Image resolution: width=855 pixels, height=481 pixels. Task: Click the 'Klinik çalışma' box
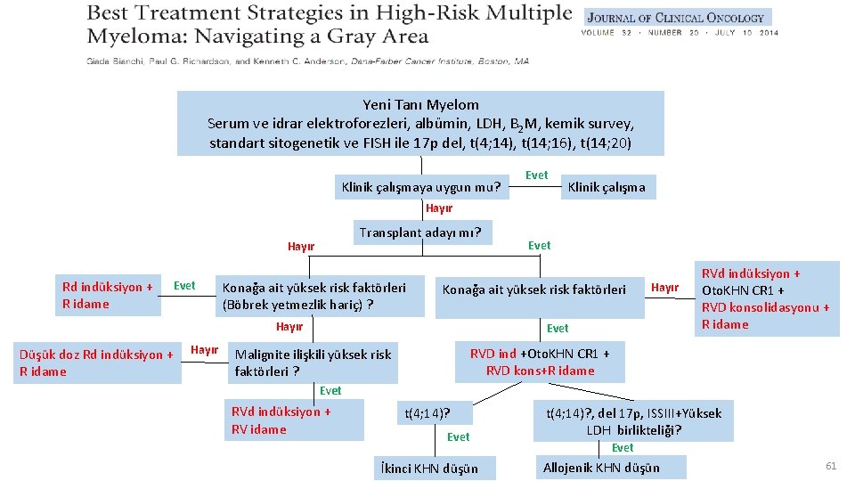point(607,187)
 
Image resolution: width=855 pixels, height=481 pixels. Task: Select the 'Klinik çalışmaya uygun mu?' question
point(421,187)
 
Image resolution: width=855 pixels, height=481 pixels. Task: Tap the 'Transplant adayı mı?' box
point(420,233)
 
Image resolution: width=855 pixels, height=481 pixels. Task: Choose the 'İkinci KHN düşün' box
point(428,469)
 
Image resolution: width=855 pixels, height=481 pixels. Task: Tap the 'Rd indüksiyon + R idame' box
point(108,295)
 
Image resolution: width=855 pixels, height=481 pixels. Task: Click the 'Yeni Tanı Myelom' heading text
point(420,105)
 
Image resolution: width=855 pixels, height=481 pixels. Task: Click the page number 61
point(831,466)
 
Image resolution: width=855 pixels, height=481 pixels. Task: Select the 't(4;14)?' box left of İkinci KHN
point(428,413)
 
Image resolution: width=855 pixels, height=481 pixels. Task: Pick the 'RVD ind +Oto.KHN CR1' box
point(540,362)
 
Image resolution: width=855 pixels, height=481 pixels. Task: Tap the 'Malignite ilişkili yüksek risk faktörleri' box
point(313,363)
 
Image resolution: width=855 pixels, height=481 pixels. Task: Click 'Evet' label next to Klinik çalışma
point(536,175)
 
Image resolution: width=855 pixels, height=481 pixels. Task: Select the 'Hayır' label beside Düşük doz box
point(205,350)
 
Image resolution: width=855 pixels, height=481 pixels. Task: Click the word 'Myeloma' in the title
point(133,37)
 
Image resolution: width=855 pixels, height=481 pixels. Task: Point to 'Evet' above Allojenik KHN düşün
point(623,448)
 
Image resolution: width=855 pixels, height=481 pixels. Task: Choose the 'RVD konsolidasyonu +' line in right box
point(766,307)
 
